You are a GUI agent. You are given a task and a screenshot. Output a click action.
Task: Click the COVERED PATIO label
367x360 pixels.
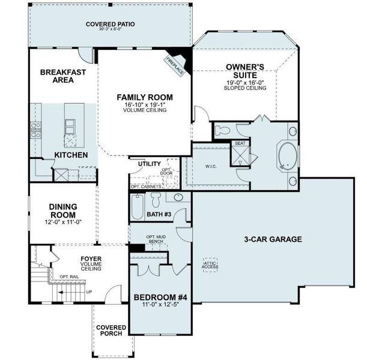pos(110,25)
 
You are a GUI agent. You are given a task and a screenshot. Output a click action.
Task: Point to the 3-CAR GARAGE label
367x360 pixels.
pos(272,239)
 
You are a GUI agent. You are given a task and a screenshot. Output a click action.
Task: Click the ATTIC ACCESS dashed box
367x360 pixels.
pos(211,265)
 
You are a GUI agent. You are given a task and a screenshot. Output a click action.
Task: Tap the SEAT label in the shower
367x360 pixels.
pos(240,143)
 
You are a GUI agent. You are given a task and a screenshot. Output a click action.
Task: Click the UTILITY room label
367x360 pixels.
pos(149,163)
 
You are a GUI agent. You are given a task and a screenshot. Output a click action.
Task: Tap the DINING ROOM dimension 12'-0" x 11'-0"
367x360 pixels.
pos(62,222)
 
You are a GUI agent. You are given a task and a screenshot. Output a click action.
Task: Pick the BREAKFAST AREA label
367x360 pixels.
pos(62,76)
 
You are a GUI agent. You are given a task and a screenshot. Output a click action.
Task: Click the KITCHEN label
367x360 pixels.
pos(71,155)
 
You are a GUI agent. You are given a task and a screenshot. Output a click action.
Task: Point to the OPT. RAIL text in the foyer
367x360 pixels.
pos(69,277)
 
